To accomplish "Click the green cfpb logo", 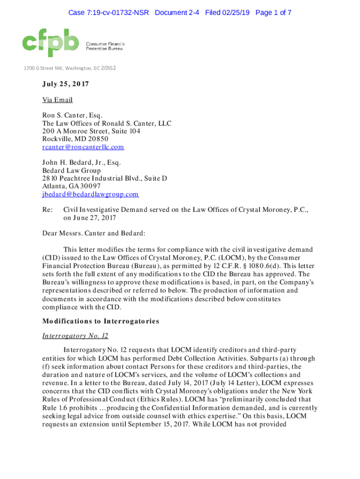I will coord(50,41).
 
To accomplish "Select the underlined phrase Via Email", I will coord(58,100).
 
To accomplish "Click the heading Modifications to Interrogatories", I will coord(101,321).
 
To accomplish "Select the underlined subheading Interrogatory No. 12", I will coord(75,335).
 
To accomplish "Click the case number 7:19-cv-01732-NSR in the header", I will coord(108,13).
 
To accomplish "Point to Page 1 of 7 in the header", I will coord(273,13).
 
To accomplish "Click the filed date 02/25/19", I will coord(236,13).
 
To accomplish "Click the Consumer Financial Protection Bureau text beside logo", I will coord(105,45).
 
